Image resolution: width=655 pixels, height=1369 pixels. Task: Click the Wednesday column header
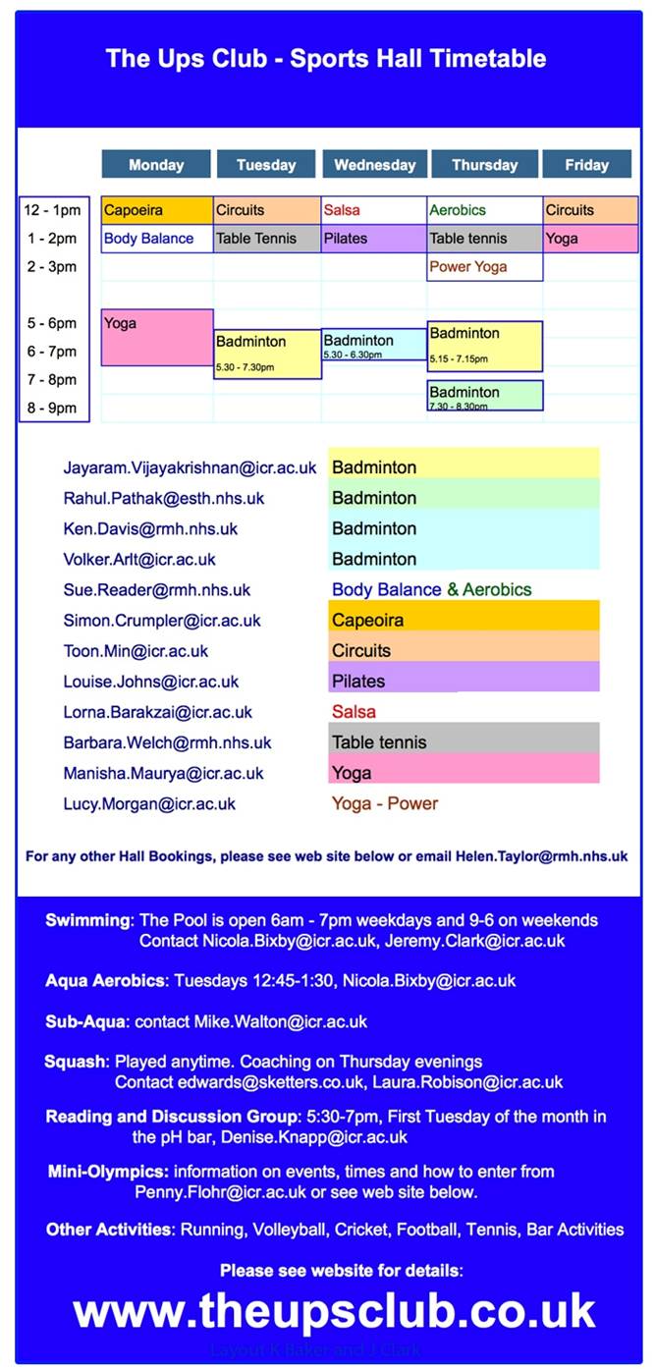375,165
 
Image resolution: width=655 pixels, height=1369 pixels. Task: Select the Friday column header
586,165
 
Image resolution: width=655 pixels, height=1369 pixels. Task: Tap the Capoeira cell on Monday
157,210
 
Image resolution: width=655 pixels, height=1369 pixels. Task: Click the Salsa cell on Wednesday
374,210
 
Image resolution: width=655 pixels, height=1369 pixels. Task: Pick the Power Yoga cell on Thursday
484,267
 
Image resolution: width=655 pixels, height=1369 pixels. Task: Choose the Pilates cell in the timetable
374,239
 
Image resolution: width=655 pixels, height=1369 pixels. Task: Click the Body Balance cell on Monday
157,239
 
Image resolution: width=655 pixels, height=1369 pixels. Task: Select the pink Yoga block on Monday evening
157,338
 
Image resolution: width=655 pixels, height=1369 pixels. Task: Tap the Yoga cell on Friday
590,239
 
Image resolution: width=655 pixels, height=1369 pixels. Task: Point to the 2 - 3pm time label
52,267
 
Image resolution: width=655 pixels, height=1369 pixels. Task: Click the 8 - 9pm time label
52,409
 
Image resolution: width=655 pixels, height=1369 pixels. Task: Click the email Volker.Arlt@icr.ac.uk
139,560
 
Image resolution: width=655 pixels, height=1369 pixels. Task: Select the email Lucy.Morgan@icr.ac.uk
149,804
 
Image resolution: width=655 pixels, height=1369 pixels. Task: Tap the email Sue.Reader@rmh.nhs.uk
157,590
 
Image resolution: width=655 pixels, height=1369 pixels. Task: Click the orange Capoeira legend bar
464,621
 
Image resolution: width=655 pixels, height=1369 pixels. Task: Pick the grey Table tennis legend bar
464,742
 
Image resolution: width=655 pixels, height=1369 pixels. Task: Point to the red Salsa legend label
354,712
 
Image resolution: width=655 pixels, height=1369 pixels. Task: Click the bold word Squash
76,1062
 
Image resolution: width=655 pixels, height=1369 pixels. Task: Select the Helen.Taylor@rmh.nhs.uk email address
541,856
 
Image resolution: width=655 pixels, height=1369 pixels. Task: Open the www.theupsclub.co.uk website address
334,1312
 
